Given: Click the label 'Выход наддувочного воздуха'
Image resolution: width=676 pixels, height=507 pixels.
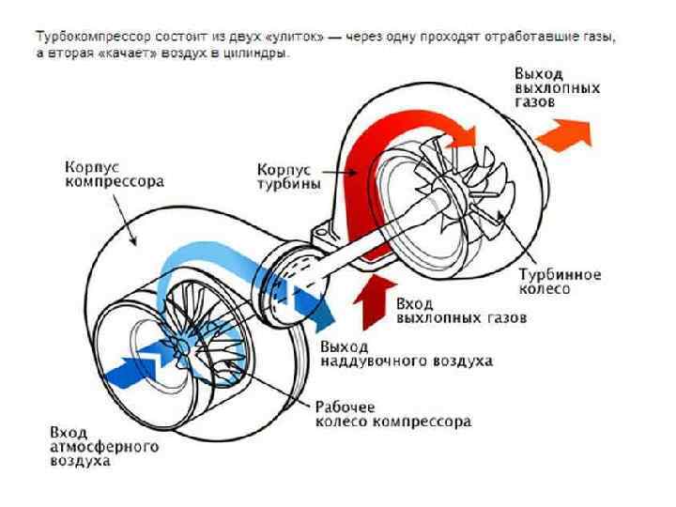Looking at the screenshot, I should [407, 354].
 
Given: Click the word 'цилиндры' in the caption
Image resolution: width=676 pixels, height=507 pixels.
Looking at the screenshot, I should [260, 54].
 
